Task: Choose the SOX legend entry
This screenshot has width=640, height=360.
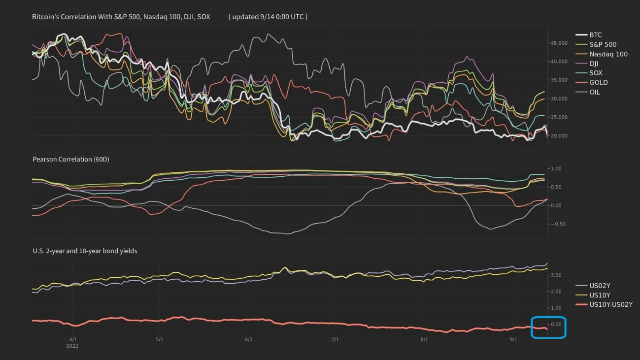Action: pyautogui.click(x=596, y=73)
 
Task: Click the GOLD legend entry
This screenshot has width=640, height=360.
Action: pyautogui.click(x=598, y=82)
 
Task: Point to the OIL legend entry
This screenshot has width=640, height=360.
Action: pyautogui.click(x=595, y=92)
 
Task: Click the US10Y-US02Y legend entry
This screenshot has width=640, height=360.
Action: pyautogui.click(x=610, y=305)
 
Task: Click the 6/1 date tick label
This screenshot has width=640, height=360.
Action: pyautogui.click(x=248, y=339)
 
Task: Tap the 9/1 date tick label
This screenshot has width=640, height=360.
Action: pyautogui.click(x=513, y=339)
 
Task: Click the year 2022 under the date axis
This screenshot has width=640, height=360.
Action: pyautogui.click(x=72, y=346)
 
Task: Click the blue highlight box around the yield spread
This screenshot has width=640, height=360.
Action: pyautogui.click(x=548, y=327)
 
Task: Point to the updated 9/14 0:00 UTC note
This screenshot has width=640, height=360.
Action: pyautogui.click(x=268, y=17)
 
